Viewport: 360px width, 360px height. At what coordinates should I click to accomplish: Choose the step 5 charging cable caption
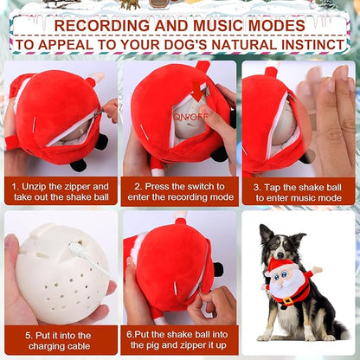click(61, 339)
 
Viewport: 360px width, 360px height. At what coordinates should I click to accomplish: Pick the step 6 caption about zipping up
click(178, 339)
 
